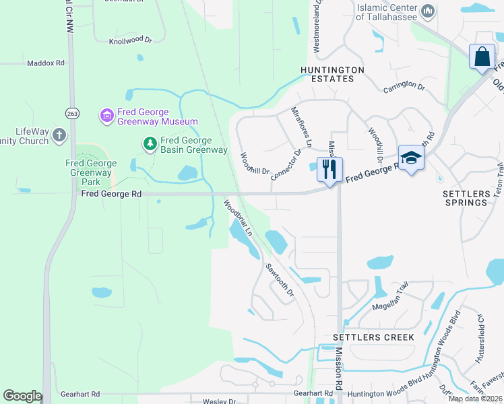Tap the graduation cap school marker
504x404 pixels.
tap(410, 158)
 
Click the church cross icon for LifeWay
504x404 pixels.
tap(59, 135)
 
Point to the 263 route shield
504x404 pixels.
tap(72, 114)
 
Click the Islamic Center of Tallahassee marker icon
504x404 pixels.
tap(427, 11)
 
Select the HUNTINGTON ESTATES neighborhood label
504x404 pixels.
tap(333, 74)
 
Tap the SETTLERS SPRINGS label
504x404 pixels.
tap(466, 198)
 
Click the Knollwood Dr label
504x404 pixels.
tap(131, 41)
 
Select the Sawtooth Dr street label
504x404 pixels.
tap(280, 280)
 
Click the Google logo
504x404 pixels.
tap(22, 396)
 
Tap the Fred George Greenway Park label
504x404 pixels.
tap(92, 172)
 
